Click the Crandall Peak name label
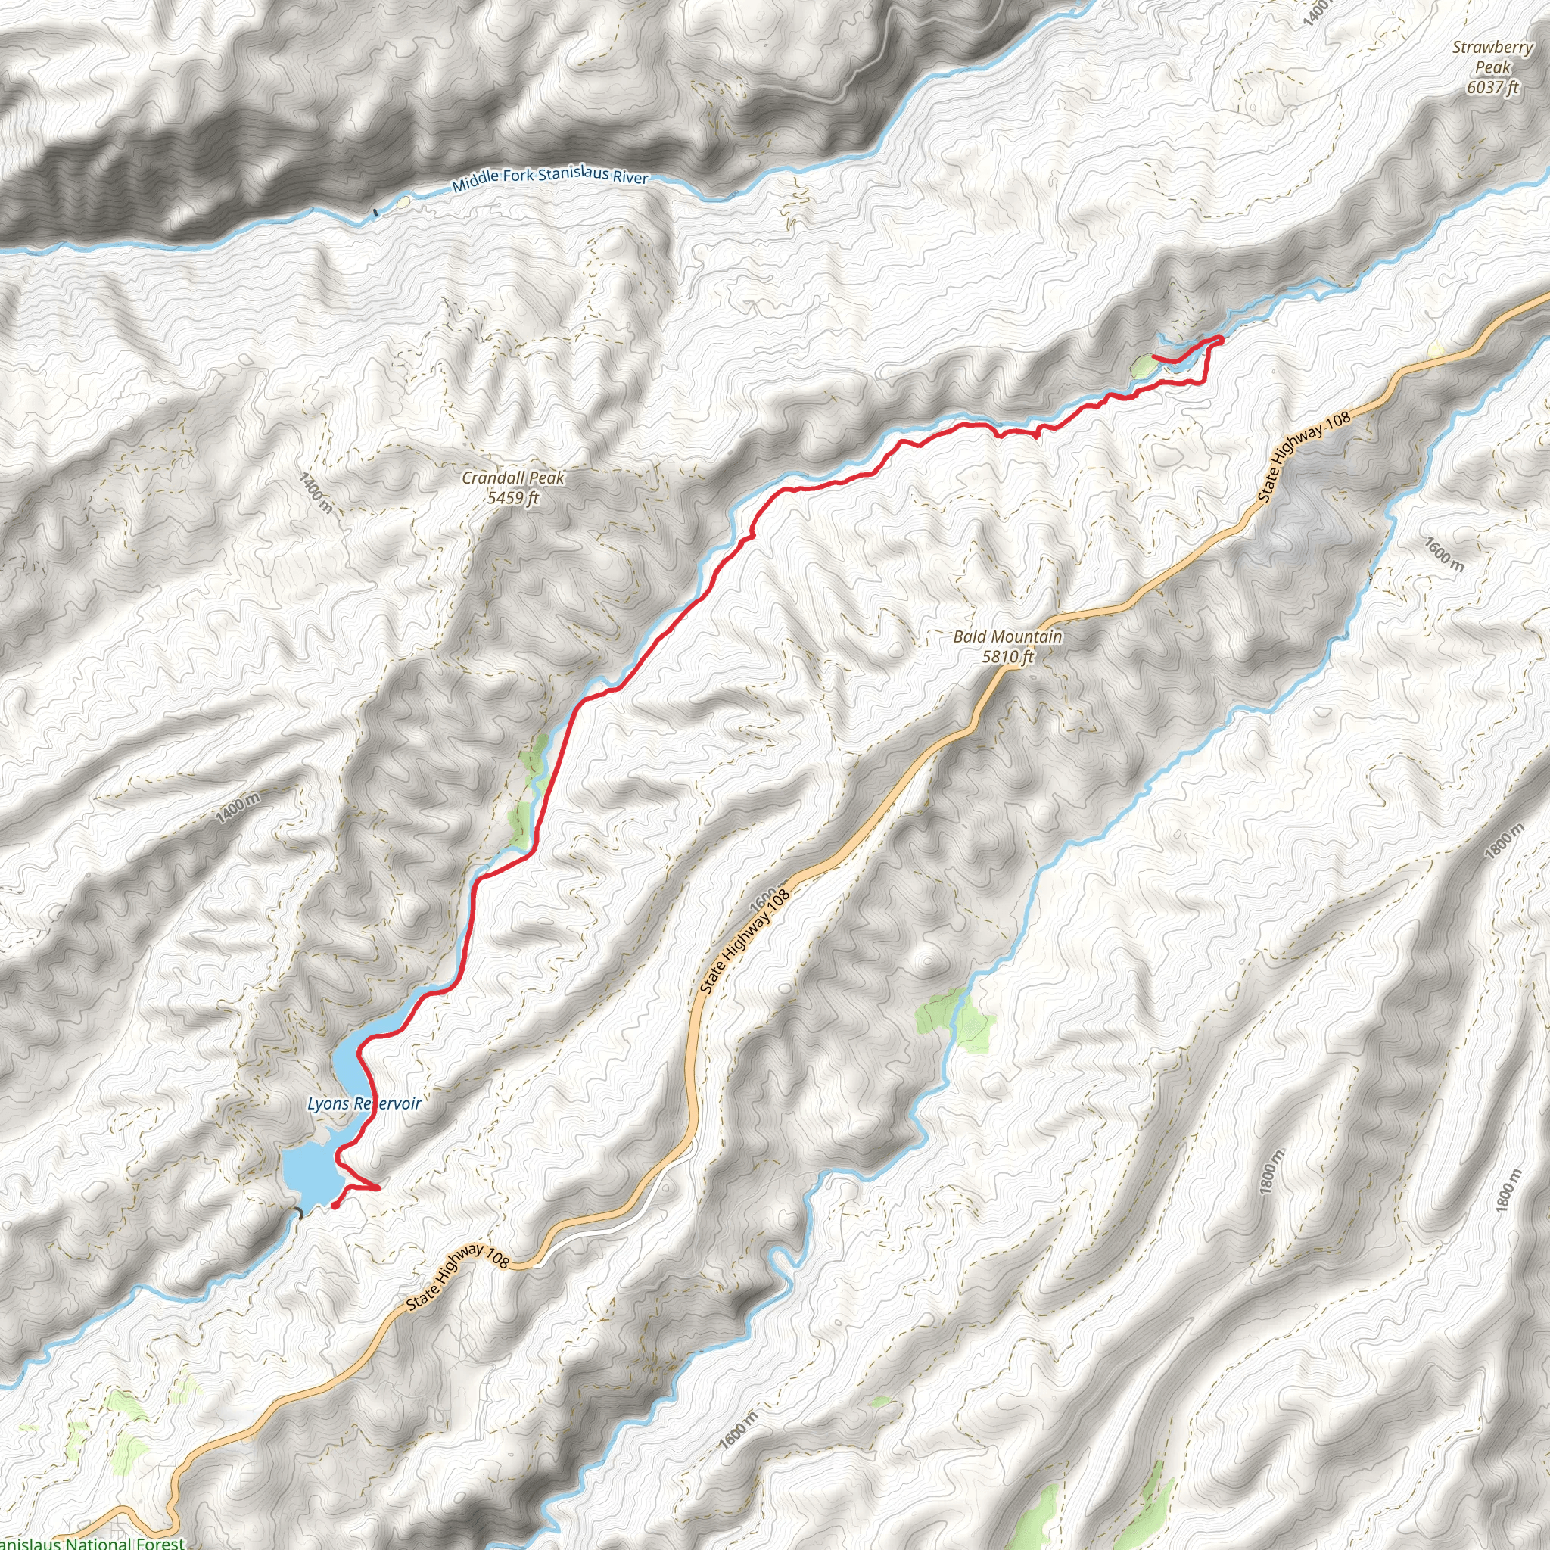click(512, 478)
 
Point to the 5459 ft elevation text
click(512, 497)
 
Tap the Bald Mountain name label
click(1007, 637)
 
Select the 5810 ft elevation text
click(1007, 656)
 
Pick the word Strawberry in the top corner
click(1492, 48)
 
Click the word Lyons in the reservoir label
click(328, 1104)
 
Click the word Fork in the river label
click(518, 174)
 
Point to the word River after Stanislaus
click(630, 177)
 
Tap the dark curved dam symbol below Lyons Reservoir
click(297, 1212)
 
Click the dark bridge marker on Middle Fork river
click(375, 213)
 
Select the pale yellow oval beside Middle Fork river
click(404, 202)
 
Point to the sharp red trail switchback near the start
click(377, 1187)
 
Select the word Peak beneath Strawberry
click(1492, 67)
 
